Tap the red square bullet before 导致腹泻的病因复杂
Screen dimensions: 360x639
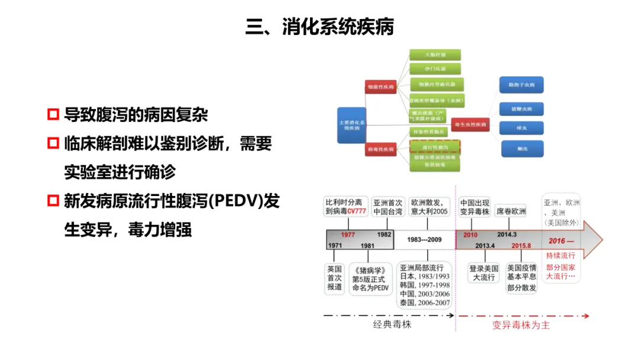[53, 114]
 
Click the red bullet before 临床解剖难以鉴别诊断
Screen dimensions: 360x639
[53, 143]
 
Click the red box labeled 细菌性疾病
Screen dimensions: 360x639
[380, 86]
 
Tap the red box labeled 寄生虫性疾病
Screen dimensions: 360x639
[470, 125]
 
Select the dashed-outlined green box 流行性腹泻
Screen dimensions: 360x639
[435, 146]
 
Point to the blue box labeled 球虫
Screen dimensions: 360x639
[521, 128]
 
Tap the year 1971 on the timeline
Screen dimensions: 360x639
[335, 245]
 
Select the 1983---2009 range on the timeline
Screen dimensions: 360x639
[424, 240]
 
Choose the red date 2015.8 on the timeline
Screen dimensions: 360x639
[521, 245]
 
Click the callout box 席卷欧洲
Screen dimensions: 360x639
[511, 210]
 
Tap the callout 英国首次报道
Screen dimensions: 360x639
[335, 278]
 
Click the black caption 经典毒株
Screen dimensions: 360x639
[392, 325]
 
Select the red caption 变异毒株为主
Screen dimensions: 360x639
[521, 325]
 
